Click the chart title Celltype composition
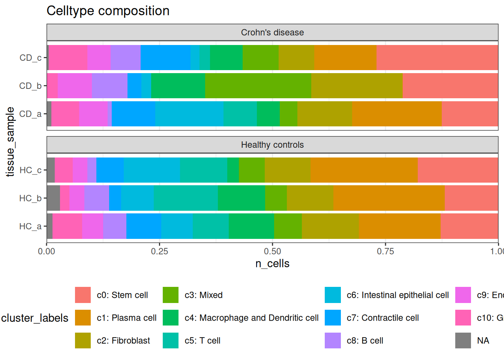[108, 11]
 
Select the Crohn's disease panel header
[272, 33]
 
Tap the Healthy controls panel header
[272, 145]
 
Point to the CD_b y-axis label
[30, 86]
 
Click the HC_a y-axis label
[30, 226]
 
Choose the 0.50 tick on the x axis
[273, 251]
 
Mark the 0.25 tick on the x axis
[159, 251]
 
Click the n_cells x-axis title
[272, 264]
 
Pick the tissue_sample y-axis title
[10, 142]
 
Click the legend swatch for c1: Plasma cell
[83, 318]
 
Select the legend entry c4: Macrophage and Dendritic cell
[251, 318]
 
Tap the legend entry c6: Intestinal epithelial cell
[397, 295]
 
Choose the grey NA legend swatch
[463, 340]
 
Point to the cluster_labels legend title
[35, 318]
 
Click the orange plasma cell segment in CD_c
[345, 57]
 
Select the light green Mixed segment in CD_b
[258, 85]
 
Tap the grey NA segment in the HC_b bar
[53, 198]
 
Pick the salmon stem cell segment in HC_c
[457, 170]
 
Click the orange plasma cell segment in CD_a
[397, 114]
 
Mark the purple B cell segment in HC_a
[115, 226]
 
